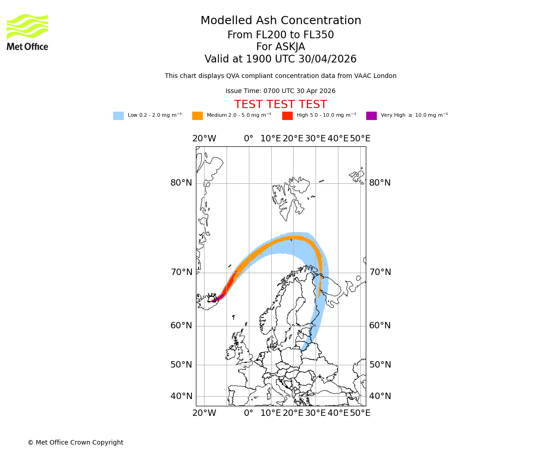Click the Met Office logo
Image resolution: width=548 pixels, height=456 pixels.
point(27,32)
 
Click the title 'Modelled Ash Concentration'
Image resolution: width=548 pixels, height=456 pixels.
point(280,21)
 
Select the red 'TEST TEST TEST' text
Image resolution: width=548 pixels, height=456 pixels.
point(280,104)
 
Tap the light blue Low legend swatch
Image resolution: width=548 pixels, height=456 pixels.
point(118,115)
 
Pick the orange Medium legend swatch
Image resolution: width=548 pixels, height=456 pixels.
point(197,115)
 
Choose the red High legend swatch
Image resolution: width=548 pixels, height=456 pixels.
point(287,115)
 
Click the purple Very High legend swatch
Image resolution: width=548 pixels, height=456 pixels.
point(371,115)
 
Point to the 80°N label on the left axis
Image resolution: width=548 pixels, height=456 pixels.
point(181,183)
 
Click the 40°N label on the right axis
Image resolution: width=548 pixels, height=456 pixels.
point(380,396)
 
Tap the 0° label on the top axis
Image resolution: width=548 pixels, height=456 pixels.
point(248,139)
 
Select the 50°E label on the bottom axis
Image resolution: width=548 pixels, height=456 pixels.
point(360,413)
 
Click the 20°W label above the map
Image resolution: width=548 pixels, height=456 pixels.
point(204,139)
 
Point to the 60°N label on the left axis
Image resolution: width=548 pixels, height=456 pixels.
point(181,326)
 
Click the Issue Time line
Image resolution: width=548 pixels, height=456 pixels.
point(280,91)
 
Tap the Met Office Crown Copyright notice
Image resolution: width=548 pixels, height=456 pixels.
point(75,442)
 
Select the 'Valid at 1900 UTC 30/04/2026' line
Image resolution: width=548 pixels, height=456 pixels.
point(280,59)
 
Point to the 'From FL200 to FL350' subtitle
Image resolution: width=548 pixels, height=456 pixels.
point(280,35)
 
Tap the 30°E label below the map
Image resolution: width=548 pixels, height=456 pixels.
point(316,413)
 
